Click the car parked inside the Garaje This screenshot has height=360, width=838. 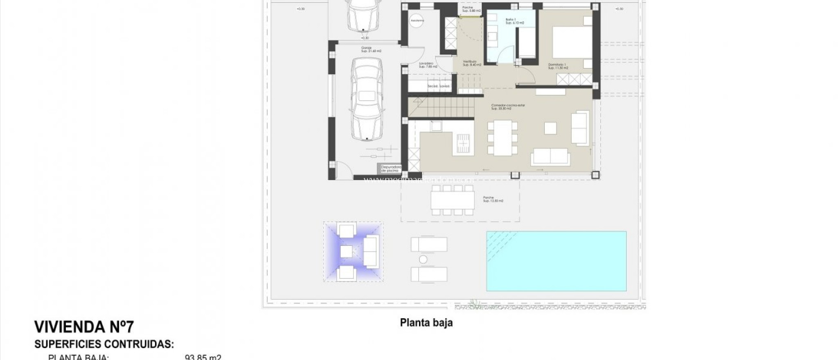coord(367,99)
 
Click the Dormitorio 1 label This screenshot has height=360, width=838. coord(557,66)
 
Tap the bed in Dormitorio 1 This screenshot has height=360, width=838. coord(572,42)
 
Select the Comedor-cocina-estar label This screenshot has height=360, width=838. coord(508,107)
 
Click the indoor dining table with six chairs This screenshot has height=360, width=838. coord(502,137)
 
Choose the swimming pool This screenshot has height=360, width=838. coord(556,261)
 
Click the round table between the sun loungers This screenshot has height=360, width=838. coord(423,259)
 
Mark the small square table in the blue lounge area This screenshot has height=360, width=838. coord(346,251)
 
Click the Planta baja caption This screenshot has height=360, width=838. coord(426,323)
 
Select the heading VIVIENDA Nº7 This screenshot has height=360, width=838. coord(84,327)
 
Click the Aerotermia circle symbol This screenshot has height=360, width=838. coord(417,20)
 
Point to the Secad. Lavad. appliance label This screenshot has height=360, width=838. coord(439,86)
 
